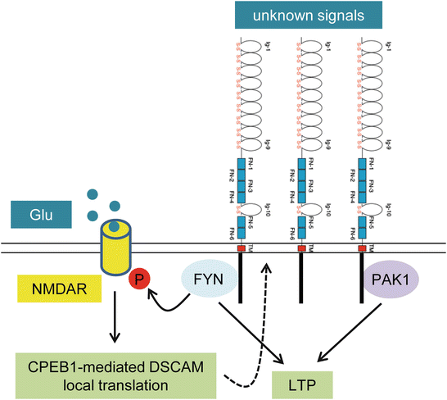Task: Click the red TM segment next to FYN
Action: pos(240,248)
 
